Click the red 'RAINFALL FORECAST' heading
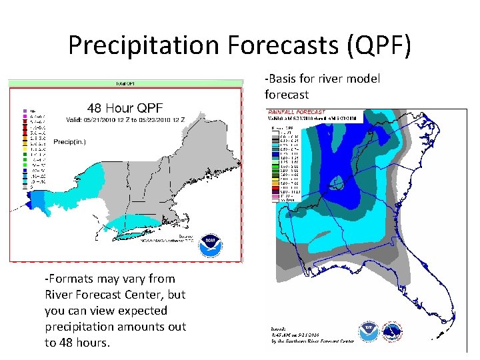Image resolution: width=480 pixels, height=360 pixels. pos(296,111)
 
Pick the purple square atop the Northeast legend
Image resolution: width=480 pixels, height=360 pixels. pos(24,110)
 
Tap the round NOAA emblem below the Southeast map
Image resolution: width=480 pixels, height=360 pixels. pos(369,331)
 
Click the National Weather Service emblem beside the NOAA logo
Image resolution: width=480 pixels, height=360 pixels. pos(393,331)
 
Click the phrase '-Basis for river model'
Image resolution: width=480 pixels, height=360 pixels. pos(322,79)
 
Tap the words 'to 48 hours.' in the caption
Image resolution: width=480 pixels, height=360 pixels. pos(77,342)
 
